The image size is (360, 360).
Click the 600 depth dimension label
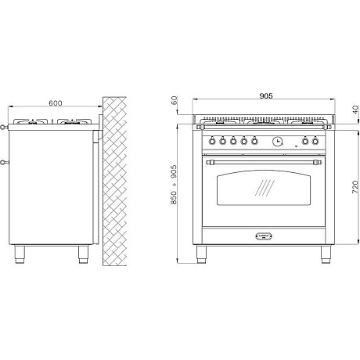pyautogui.click(x=56, y=103)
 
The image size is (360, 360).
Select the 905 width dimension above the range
pyautogui.click(x=266, y=96)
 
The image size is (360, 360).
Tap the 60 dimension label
pyautogui.click(x=175, y=100)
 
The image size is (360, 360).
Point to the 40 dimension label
pyautogui.click(x=355, y=110)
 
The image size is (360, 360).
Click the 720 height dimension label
pyautogui.click(x=355, y=187)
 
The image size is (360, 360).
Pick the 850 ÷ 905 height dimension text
pyautogui.click(x=174, y=185)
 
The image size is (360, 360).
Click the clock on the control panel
pyautogui.click(x=278, y=142)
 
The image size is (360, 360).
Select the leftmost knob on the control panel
pyautogui.click(x=212, y=141)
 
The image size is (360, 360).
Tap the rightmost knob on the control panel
pyautogui.click(x=315, y=141)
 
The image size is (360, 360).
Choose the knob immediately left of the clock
pyautogui.click(x=254, y=141)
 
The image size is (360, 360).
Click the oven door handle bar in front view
pyautogui.click(x=264, y=163)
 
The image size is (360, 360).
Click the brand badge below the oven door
pyautogui.click(x=264, y=236)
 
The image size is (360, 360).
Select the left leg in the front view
pyautogui.click(x=201, y=254)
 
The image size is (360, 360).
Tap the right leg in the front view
pyautogui.click(x=326, y=254)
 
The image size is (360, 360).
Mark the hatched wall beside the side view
pyautogui.click(x=114, y=182)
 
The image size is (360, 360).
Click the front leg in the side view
pyautogui.click(x=20, y=254)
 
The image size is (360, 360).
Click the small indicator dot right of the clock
pyautogui.click(x=296, y=146)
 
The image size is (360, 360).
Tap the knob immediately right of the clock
pyautogui.click(x=305, y=141)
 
